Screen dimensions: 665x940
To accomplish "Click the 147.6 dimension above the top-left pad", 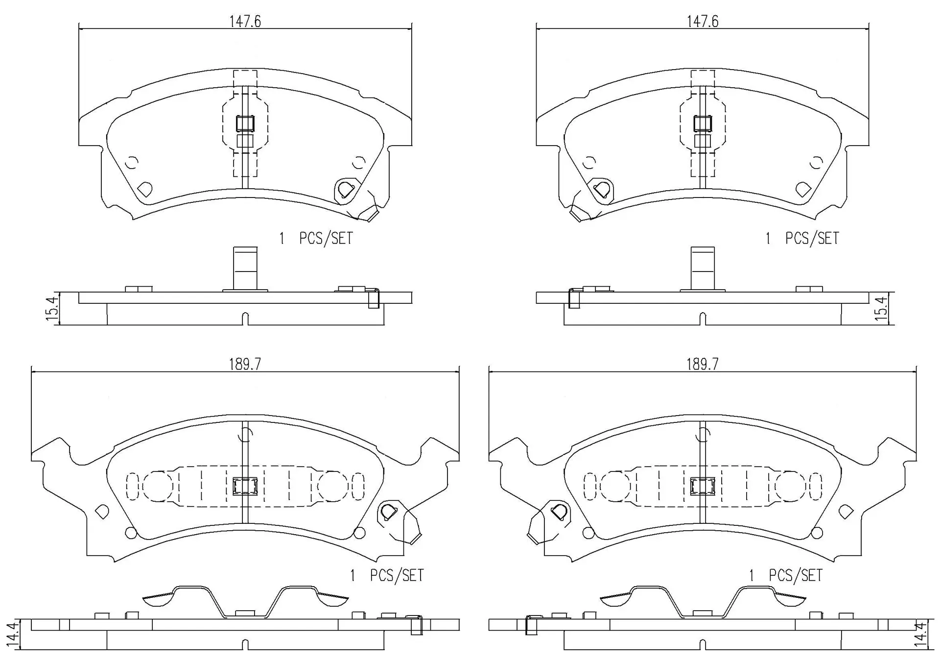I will pos(245,22).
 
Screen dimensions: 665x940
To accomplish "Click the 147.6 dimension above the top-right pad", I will pos(702,22).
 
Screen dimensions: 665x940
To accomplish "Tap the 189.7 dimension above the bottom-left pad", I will pos(245,364).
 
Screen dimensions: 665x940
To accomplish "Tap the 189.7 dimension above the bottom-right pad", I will pos(702,364).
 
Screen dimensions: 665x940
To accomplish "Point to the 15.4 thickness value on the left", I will pos(52,307).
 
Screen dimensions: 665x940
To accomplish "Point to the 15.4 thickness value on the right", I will pos(881,307).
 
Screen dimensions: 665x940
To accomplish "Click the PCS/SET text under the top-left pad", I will pos(326,239).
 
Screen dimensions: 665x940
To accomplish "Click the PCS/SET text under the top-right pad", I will pos(812,239).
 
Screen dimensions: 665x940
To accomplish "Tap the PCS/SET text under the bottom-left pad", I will pos(397,575).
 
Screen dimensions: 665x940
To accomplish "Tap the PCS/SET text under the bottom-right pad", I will pos(796,575).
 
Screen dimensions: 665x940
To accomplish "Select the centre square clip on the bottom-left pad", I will pos(245,486).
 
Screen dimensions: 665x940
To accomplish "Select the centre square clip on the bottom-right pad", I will pos(702,486).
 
